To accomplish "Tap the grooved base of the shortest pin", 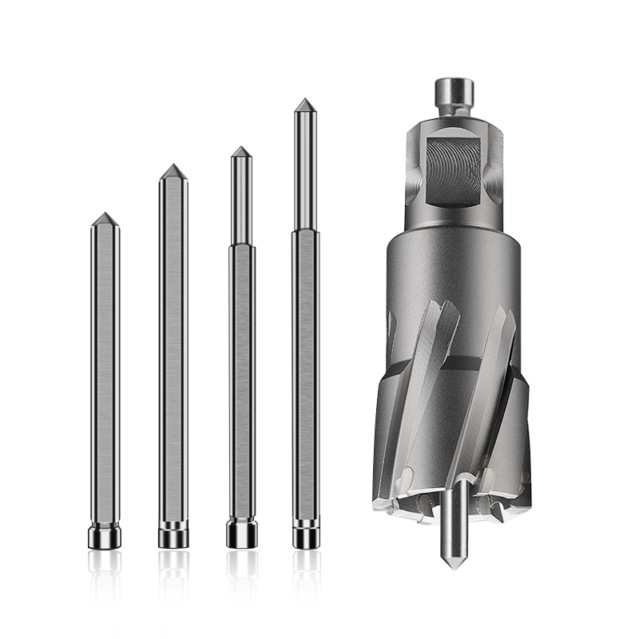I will (105, 535).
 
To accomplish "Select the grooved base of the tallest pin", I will (305, 534).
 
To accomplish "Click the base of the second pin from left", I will (173, 534).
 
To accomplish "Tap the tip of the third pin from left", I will (241, 150).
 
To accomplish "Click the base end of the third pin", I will (241, 534).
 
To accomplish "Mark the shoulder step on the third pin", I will (241, 245).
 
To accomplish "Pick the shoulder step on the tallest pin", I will (304, 231).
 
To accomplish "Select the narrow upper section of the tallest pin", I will (304, 168).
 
